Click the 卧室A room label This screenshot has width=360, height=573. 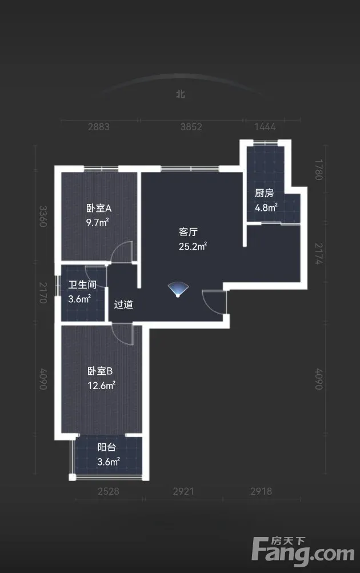point(99,209)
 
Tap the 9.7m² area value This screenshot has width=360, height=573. point(98,222)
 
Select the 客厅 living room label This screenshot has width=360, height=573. point(188,232)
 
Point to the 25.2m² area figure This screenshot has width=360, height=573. point(193,246)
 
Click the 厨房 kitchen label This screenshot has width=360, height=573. point(264,193)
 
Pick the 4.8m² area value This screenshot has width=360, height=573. point(266,207)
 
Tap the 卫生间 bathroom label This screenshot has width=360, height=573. point(82,285)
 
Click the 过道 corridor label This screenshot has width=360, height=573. point(123,304)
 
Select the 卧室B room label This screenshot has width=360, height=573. point(100,371)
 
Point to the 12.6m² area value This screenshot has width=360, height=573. point(102,386)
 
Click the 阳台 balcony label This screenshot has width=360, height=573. point(107,447)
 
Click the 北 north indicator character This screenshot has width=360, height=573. point(181,94)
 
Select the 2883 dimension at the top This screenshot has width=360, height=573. point(99,127)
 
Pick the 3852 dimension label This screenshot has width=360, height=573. point(191,127)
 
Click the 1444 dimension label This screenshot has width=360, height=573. point(265,127)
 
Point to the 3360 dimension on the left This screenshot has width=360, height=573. point(43,217)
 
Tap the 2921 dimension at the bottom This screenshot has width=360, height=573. point(183,491)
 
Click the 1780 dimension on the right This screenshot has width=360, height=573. point(319,170)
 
